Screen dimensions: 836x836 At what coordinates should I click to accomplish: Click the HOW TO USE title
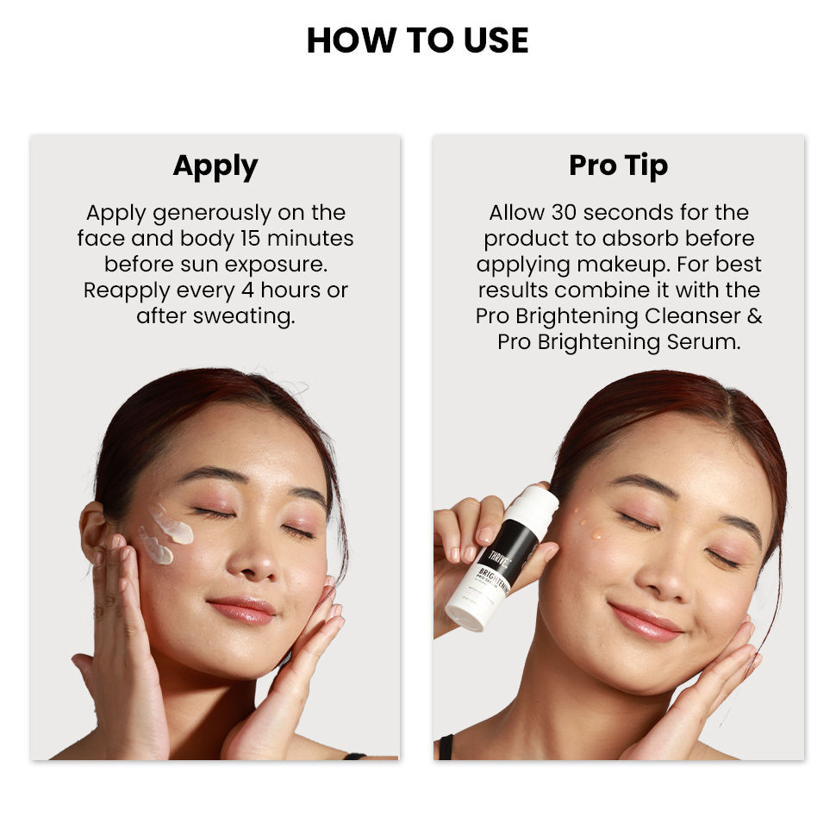point(417,41)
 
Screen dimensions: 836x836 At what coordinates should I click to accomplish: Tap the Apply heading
point(215,165)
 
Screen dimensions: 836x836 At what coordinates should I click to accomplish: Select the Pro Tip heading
point(618,165)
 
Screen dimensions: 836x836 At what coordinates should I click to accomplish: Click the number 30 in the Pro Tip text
point(570,213)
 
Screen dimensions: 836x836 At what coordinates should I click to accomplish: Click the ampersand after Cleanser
point(753,315)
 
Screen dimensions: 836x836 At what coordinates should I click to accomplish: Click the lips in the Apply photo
point(240,609)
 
